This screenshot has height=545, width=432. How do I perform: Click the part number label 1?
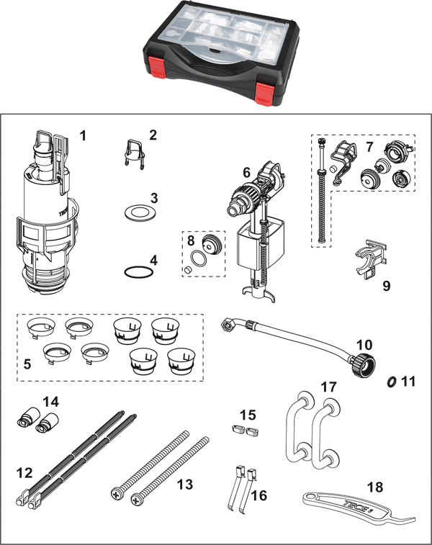(82, 135)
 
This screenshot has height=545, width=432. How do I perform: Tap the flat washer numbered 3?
(140, 212)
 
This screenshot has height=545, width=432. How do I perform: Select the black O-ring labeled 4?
(139, 272)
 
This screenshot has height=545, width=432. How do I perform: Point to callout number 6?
(246, 172)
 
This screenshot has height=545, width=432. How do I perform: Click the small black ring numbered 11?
(392, 382)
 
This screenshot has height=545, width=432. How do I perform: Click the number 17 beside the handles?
(329, 387)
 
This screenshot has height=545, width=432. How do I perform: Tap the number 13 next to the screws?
(185, 484)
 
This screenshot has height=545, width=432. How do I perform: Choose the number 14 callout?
(50, 402)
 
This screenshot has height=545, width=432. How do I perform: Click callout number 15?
(248, 415)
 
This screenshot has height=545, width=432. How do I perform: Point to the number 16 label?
(259, 495)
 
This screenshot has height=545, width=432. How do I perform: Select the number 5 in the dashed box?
(27, 364)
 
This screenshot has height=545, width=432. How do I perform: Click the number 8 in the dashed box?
(191, 240)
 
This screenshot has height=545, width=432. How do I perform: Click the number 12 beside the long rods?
(24, 473)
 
